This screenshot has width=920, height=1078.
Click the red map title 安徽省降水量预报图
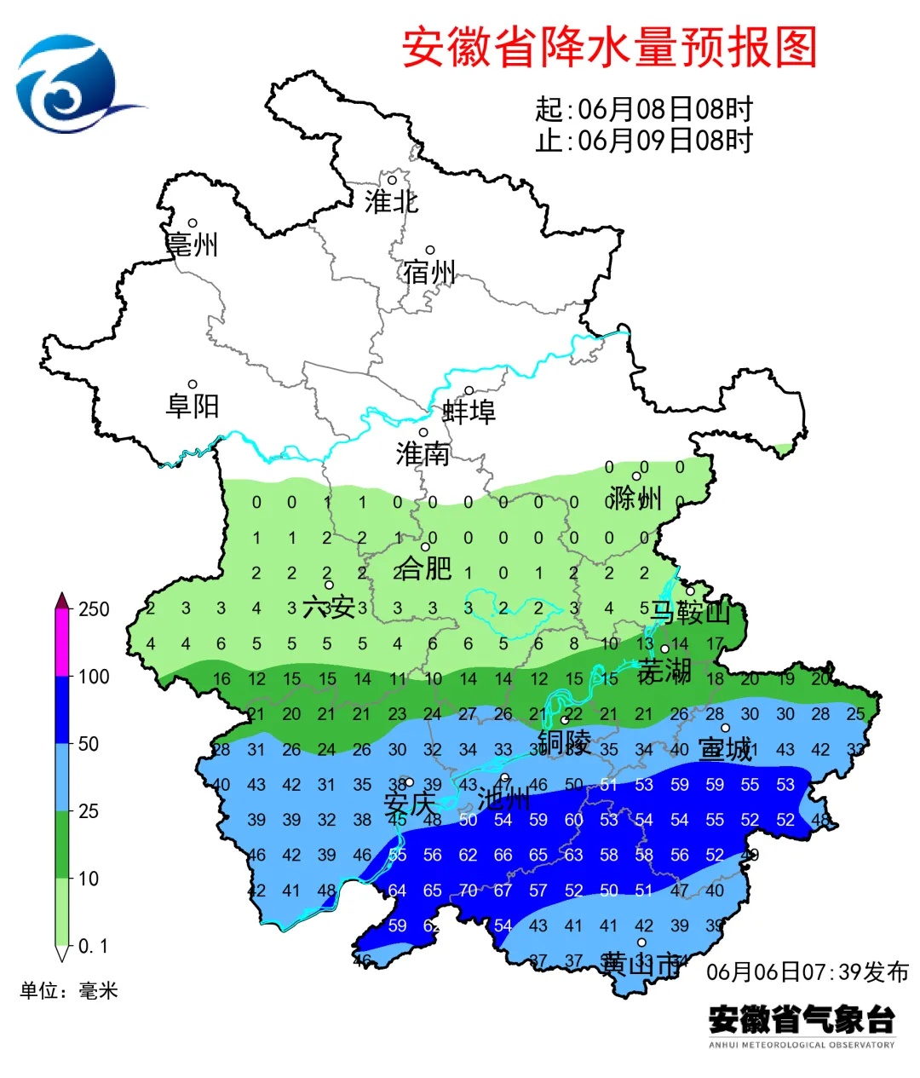point(609,47)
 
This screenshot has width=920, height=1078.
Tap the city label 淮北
point(391,202)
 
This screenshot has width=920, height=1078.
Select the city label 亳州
point(193,245)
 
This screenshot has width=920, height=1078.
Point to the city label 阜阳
point(193,406)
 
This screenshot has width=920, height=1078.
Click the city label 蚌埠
point(469,412)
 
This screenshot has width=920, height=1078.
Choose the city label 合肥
point(423,568)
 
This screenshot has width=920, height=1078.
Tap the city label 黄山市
point(641,965)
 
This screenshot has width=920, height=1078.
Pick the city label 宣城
point(725,749)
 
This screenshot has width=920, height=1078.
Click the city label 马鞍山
point(690,612)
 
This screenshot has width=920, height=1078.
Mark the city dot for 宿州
point(430,251)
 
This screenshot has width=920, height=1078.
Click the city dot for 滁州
point(635,476)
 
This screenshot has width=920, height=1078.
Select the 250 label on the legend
point(94,609)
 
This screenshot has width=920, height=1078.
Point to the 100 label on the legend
point(94,677)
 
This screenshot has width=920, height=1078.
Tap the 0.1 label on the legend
point(93,946)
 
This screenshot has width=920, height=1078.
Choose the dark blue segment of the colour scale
point(62,710)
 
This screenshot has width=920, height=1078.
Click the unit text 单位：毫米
point(69,990)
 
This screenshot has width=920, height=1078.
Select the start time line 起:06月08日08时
point(644,109)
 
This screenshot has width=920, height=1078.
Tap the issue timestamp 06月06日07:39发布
point(808,971)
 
